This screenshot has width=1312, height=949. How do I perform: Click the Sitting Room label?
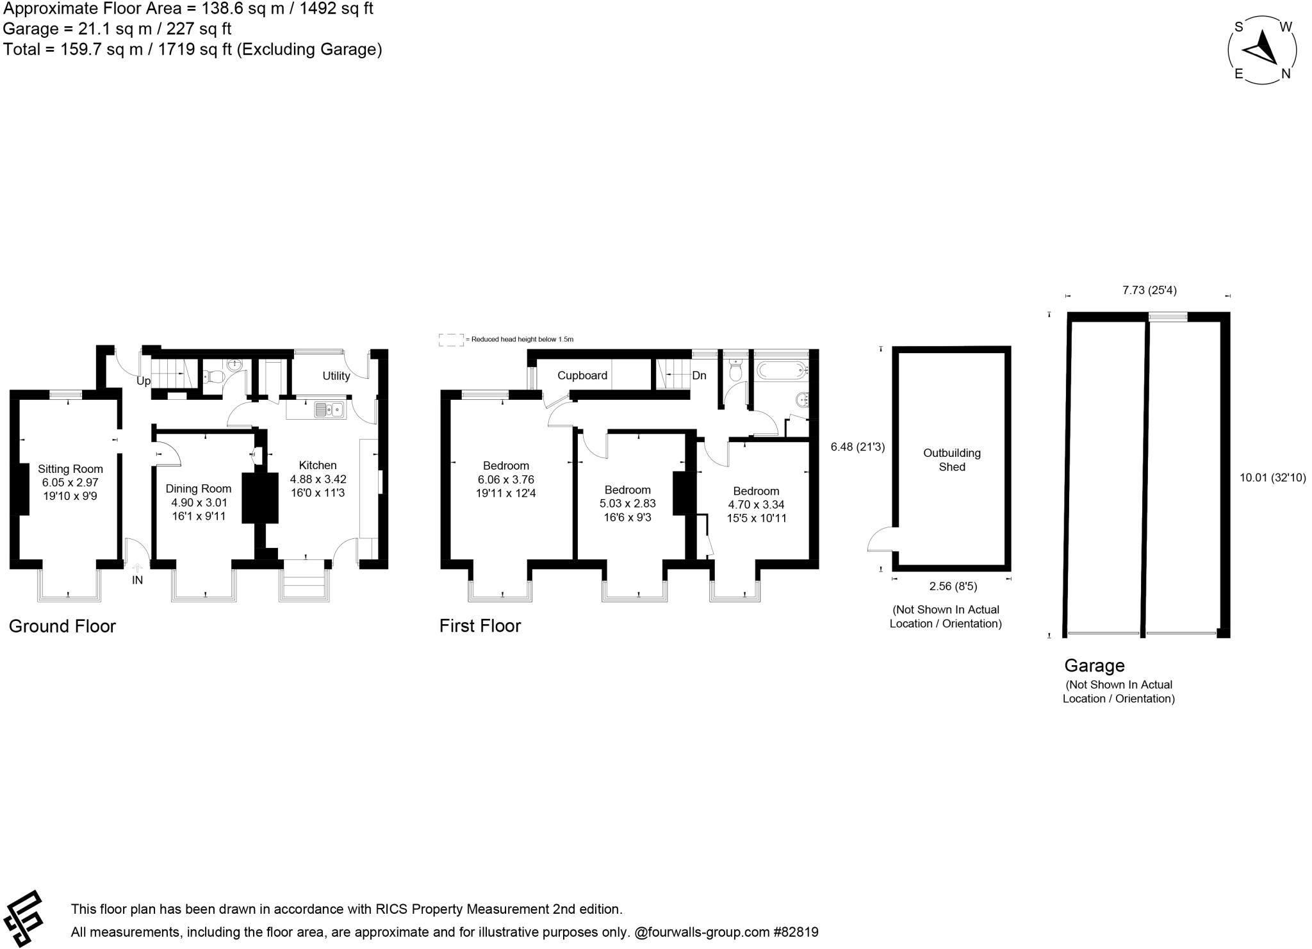click(x=70, y=469)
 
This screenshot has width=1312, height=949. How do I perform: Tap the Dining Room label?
click(x=198, y=489)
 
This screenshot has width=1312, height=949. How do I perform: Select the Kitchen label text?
click(x=318, y=465)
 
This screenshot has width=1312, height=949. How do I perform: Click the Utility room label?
click(x=336, y=376)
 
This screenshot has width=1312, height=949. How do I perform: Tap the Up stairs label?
click(x=143, y=381)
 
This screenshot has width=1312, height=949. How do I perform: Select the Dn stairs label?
click(x=699, y=375)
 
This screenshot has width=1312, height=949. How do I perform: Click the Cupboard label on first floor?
click(x=582, y=375)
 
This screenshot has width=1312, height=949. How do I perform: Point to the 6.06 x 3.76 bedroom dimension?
click(x=505, y=480)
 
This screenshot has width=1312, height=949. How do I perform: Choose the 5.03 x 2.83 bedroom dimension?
click(x=627, y=504)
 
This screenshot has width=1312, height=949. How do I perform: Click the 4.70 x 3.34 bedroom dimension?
click(x=756, y=505)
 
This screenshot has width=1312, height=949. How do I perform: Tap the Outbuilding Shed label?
click(x=951, y=460)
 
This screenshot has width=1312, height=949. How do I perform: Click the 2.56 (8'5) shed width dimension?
click(x=953, y=586)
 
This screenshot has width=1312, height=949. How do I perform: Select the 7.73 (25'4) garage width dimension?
click(x=1149, y=290)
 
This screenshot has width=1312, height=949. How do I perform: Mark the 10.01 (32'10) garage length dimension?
click(x=1272, y=477)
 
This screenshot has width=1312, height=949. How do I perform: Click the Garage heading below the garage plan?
click(x=1094, y=666)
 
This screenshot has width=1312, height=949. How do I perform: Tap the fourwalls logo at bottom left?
click(x=23, y=918)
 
